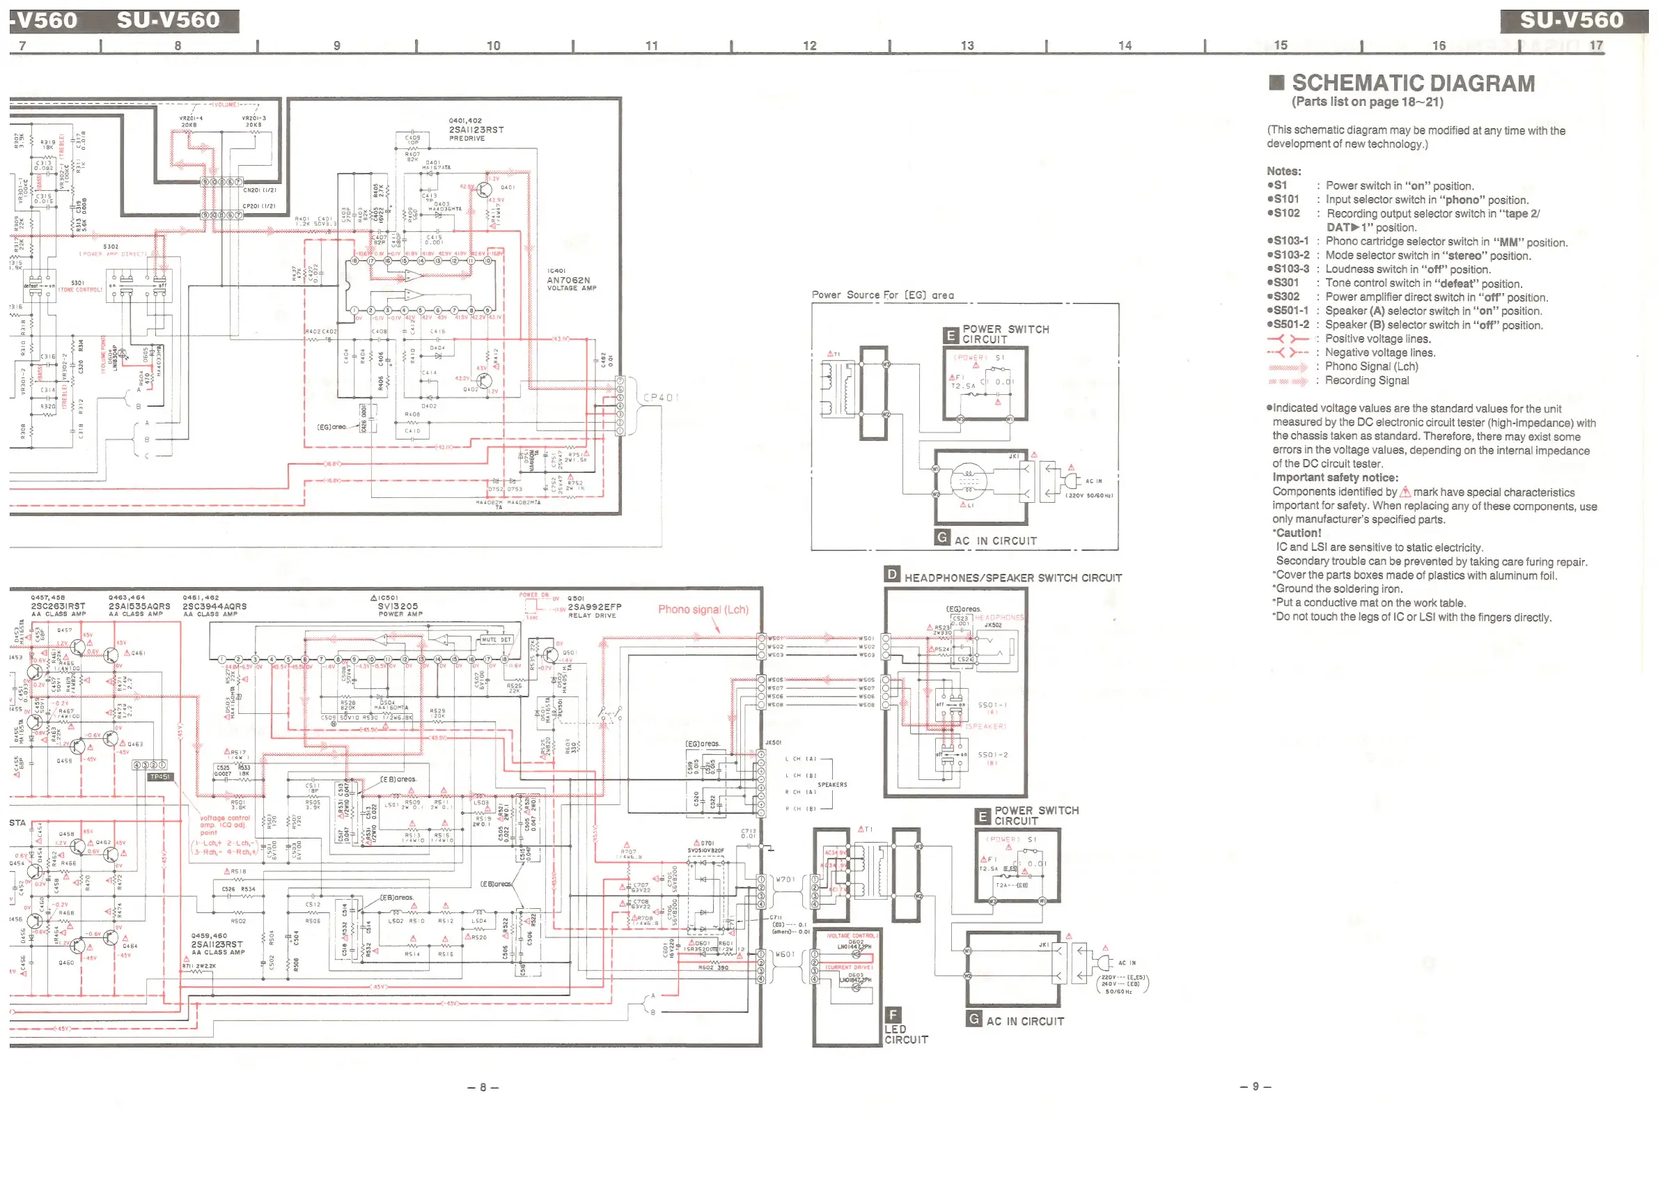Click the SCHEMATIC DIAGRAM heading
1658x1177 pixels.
pyautogui.click(x=1412, y=84)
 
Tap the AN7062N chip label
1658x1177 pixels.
pyautogui.click(x=568, y=280)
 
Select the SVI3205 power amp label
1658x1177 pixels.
pyautogui.click(x=398, y=606)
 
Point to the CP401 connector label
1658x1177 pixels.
pyautogui.click(x=660, y=397)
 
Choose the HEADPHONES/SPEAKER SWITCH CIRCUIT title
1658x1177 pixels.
pyautogui.click(x=1012, y=577)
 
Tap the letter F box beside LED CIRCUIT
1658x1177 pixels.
pyautogui.click(x=893, y=1015)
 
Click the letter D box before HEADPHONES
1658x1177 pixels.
pyautogui.click(x=891, y=575)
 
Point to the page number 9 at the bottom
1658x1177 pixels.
pyautogui.click(x=1255, y=1086)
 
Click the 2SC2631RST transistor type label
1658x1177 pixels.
pyautogui.click(x=58, y=606)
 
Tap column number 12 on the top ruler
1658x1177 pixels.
pyautogui.click(x=809, y=46)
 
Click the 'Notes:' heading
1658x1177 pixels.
pyautogui.click(x=1283, y=171)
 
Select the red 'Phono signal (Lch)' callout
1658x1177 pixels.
pyautogui.click(x=703, y=609)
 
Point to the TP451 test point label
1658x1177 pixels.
pyautogui.click(x=159, y=777)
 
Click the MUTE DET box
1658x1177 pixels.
pyautogui.click(x=496, y=640)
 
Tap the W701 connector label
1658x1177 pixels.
pyautogui.click(x=785, y=880)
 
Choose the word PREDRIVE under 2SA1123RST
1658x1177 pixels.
pyautogui.click(x=467, y=139)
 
